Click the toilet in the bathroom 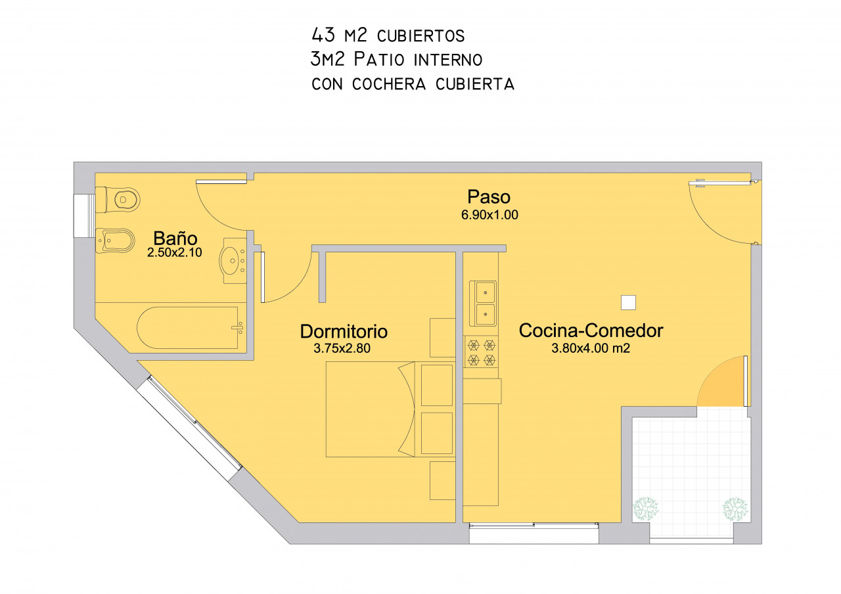tap(118, 199)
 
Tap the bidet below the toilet tap(115, 240)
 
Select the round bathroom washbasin tap(233, 261)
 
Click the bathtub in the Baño tap(191, 328)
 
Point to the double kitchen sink tap(483, 304)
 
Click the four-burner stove tap(482, 352)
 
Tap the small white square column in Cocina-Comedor tap(628, 302)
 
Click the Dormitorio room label tap(344, 331)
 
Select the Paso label tap(488, 196)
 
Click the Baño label tap(175, 238)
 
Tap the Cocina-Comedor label tap(591, 331)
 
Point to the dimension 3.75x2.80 tap(342, 348)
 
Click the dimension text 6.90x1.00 tap(489, 215)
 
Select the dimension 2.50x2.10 tap(175, 252)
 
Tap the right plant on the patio tap(735, 509)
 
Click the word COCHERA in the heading tap(389, 84)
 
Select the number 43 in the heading tap(323, 35)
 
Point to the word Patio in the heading tap(379, 59)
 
